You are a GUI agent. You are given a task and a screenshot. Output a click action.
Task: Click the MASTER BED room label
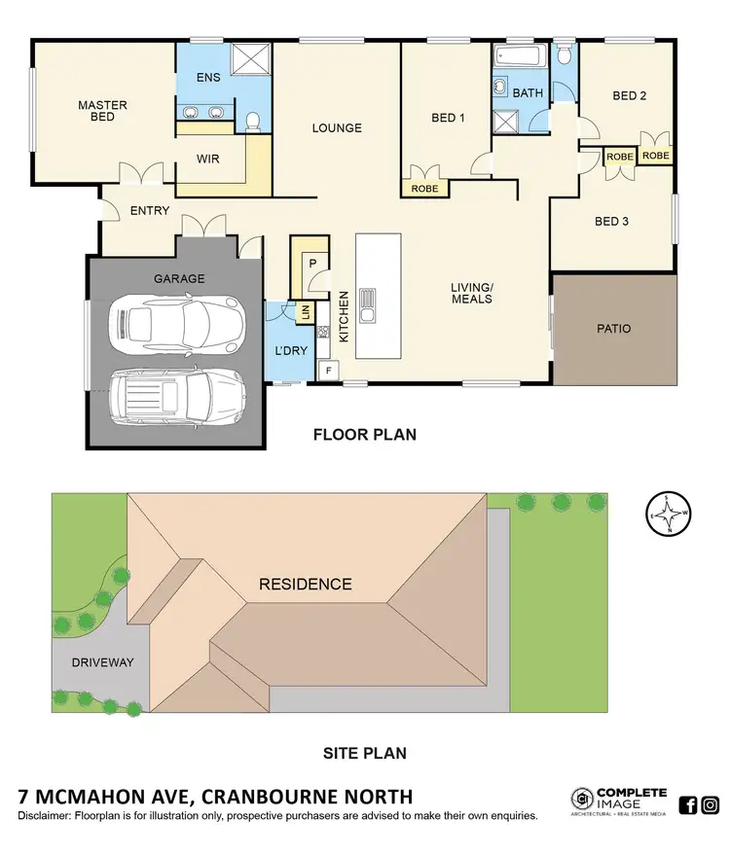point(102,111)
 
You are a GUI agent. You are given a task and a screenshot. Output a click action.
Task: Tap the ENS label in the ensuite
point(208,77)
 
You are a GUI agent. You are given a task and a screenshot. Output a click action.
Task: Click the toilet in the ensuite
point(252,121)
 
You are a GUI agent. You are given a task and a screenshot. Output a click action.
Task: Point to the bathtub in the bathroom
point(518,54)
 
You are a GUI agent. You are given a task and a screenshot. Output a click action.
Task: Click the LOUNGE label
point(337,127)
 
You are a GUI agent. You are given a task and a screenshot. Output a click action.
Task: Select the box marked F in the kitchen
point(329,370)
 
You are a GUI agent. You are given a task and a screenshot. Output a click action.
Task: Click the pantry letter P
point(313,264)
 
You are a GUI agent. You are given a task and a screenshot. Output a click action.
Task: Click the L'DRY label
point(290,351)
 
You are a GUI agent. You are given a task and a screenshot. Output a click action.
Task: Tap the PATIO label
point(612,329)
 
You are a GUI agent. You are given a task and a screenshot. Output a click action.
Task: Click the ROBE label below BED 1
point(424,189)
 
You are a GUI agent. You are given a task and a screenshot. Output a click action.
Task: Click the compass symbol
point(670,513)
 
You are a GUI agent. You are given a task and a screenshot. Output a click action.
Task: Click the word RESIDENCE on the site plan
point(305,585)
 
